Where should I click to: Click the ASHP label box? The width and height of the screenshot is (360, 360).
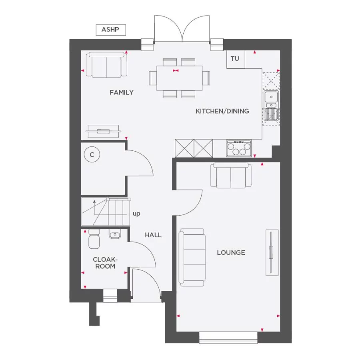[110, 30]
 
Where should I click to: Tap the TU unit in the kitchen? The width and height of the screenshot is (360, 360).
[235, 59]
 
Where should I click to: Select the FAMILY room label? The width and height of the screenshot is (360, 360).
[122, 92]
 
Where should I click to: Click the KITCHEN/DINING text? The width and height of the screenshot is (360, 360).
[222, 111]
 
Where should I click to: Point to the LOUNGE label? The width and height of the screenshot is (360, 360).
[231, 253]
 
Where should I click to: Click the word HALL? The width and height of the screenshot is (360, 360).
[153, 235]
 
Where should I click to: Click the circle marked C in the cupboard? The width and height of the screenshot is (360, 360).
[92, 155]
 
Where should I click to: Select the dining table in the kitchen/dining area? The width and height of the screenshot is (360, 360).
[179, 78]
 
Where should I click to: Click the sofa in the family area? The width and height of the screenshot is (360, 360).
[107, 65]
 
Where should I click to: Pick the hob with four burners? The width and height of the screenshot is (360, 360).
[239, 148]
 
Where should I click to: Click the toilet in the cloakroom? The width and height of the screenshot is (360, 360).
[94, 238]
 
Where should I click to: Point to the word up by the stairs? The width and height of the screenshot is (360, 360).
[136, 214]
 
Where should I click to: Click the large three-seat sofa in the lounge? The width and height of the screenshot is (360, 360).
[192, 258]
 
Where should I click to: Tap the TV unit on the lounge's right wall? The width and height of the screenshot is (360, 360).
[272, 253]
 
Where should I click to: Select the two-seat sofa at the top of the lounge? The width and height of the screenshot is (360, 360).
[232, 175]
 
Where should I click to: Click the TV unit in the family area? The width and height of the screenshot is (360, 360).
[104, 131]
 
